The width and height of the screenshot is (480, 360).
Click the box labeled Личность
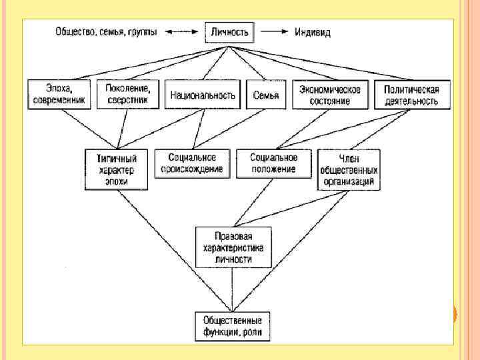(230, 31)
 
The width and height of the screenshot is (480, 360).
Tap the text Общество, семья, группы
(106, 31)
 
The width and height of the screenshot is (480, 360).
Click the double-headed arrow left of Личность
(182, 31)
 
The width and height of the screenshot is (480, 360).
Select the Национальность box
(203, 95)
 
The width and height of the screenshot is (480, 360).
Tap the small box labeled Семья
(266, 95)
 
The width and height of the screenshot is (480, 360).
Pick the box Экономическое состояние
(330, 95)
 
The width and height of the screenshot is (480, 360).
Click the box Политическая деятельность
(411, 95)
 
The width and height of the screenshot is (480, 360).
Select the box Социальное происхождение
(193, 163)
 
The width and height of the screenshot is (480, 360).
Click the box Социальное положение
(274, 163)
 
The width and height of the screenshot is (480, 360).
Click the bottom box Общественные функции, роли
(233, 326)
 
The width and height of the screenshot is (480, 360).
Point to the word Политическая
(411, 89)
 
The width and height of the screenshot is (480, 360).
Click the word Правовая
(233, 237)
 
